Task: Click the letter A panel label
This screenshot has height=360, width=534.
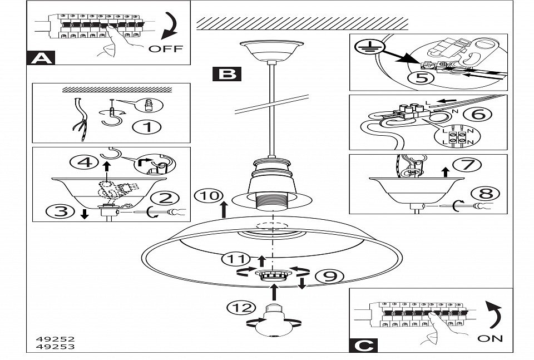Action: [x=39, y=58]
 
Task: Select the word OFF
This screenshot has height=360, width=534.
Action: [x=165, y=48]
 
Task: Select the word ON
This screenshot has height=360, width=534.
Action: [x=489, y=338]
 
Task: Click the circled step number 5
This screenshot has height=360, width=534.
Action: [x=422, y=77]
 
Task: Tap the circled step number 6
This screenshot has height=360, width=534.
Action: [x=481, y=115]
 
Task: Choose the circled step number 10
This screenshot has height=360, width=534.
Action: [x=207, y=196]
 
